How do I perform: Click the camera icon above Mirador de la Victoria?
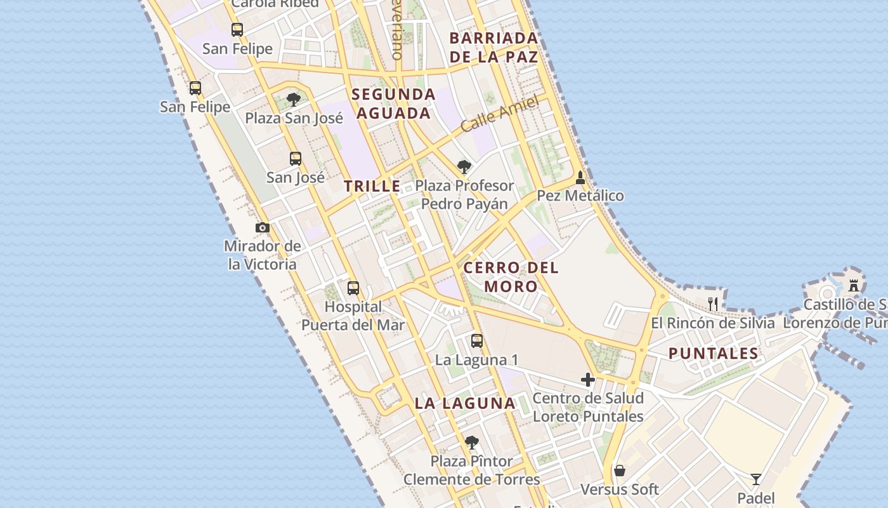click(263, 228)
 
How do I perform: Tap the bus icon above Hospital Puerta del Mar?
click(353, 288)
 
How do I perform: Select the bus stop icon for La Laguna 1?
click(477, 341)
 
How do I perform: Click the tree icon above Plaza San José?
click(293, 100)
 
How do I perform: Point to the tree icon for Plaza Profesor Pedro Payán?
click(464, 167)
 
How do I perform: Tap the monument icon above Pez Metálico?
click(580, 178)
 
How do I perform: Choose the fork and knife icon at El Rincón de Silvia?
click(713, 304)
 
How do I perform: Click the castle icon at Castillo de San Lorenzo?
click(854, 286)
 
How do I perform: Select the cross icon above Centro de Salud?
click(588, 380)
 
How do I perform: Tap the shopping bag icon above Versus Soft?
click(620, 471)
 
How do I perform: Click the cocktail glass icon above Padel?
click(755, 479)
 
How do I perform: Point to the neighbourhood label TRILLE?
click(372, 186)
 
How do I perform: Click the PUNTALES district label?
click(714, 354)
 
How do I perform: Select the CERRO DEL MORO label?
click(511, 277)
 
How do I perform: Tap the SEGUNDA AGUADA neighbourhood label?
click(393, 104)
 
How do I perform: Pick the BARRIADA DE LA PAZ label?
click(493, 47)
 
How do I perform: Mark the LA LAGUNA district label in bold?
click(465, 403)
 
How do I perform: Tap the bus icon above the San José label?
click(296, 159)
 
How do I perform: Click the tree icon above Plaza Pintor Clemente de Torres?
click(471, 442)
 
